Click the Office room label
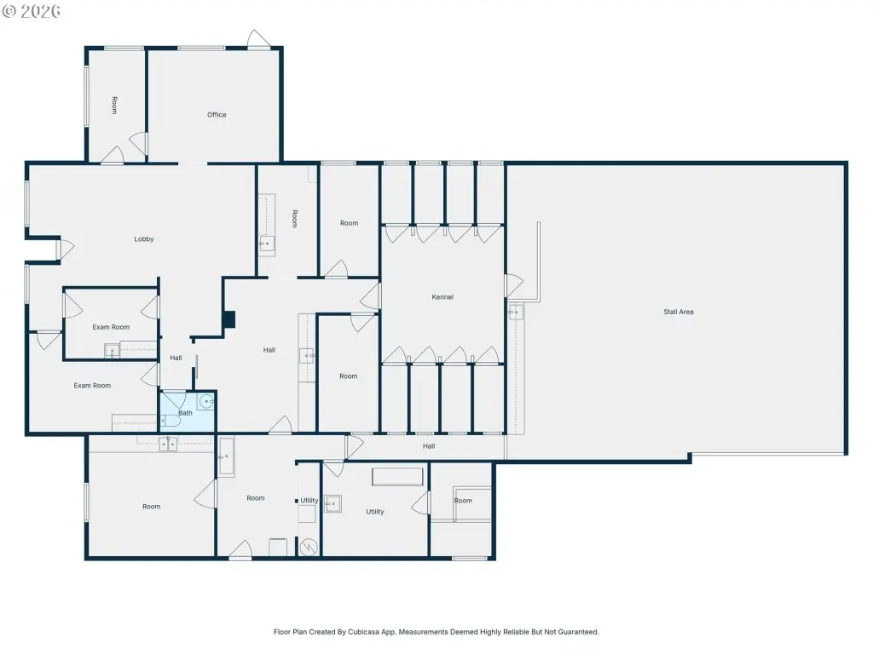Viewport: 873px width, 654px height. tap(217, 115)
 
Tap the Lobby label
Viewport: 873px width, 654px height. tap(143, 239)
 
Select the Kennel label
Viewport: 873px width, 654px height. tap(442, 297)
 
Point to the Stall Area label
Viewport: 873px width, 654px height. tap(678, 312)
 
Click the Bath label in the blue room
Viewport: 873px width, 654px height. tap(185, 413)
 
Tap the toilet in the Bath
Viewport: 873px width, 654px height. tap(170, 421)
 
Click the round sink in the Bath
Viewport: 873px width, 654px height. tap(207, 401)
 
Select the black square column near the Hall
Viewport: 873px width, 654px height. tap(228, 319)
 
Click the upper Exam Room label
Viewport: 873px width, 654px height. tap(111, 327)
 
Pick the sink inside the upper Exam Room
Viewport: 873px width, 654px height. tap(112, 351)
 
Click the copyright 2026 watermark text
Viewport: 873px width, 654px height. tap(32, 11)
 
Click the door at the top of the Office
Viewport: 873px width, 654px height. tap(258, 39)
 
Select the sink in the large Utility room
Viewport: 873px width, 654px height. tap(332, 504)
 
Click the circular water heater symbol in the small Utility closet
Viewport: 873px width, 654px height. tap(309, 548)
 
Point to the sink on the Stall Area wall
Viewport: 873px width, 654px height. tap(516, 312)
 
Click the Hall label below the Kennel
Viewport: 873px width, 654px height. tap(429, 446)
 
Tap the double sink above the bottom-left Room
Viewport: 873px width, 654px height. tap(168, 443)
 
